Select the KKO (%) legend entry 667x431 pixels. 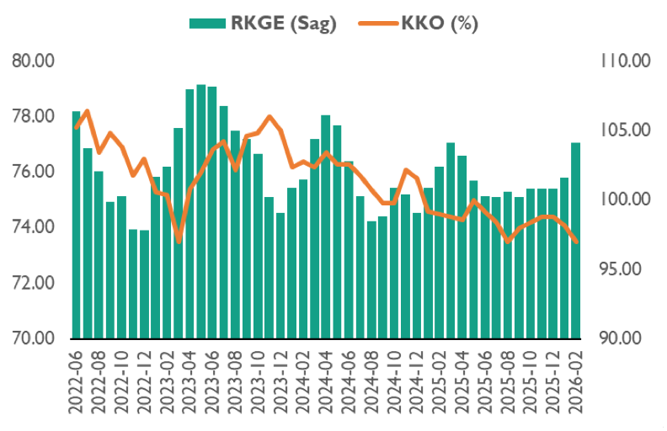click(416, 24)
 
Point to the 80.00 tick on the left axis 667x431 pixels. click(34, 61)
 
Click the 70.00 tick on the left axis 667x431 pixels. click(34, 338)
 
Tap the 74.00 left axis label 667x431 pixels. click(34, 227)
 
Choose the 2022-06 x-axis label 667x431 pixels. click(77, 383)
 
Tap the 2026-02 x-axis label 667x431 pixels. click(577, 383)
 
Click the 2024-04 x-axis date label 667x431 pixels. click(327, 383)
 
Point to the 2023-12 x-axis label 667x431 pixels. click(281, 383)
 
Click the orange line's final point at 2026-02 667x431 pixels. click(577, 242)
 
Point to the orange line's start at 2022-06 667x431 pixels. click(77, 127)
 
